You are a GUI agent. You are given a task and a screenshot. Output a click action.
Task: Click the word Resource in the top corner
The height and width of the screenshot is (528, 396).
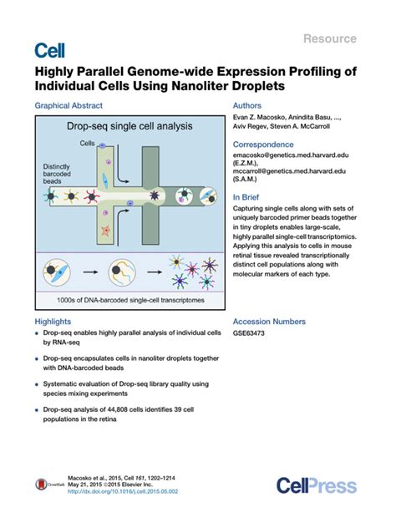click(330, 38)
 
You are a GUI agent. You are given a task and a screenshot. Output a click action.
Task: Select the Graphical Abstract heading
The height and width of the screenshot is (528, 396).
click(69, 106)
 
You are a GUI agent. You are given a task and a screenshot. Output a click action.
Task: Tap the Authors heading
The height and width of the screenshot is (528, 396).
click(248, 106)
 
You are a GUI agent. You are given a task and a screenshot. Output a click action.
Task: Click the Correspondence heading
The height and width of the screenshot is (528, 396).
click(267, 145)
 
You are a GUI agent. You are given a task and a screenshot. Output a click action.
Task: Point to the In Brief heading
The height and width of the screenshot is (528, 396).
click(249, 198)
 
